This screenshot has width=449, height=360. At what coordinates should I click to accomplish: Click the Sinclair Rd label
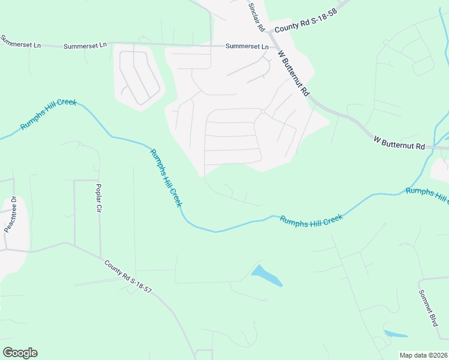pyautogui.click(x=256, y=17)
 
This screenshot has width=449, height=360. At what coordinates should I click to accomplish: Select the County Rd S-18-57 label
pyautogui.click(x=128, y=277)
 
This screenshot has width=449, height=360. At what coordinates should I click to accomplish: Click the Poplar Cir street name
pyautogui.click(x=100, y=199)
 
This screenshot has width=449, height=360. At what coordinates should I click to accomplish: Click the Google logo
pyautogui.click(x=20, y=353)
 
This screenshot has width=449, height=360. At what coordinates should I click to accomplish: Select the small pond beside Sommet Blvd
pyautogui.click(x=396, y=334)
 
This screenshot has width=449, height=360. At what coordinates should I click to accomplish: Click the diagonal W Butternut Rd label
pyautogui.click(x=294, y=73)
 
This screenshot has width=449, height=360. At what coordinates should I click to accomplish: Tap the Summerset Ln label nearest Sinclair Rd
pyautogui.click(x=247, y=46)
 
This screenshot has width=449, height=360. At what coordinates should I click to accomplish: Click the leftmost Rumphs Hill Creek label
pyautogui.click(x=49, y=114)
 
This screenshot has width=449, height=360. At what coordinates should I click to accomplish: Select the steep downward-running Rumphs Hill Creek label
pyautogui.click(x=166, y=178)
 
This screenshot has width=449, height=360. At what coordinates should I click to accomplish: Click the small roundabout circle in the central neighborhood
pyautogui.click(x=263, y=112)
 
